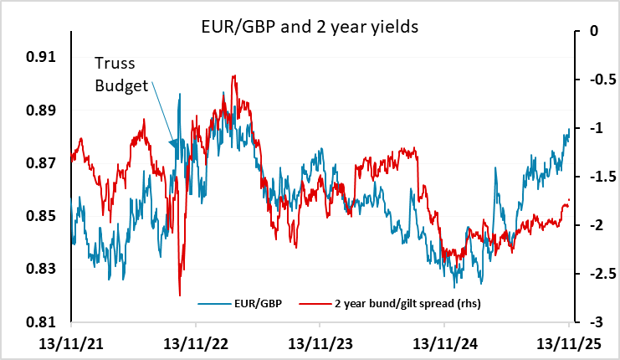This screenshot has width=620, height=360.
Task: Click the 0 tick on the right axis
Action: (596, 31)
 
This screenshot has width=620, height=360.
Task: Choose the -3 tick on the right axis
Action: (595, 322)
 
